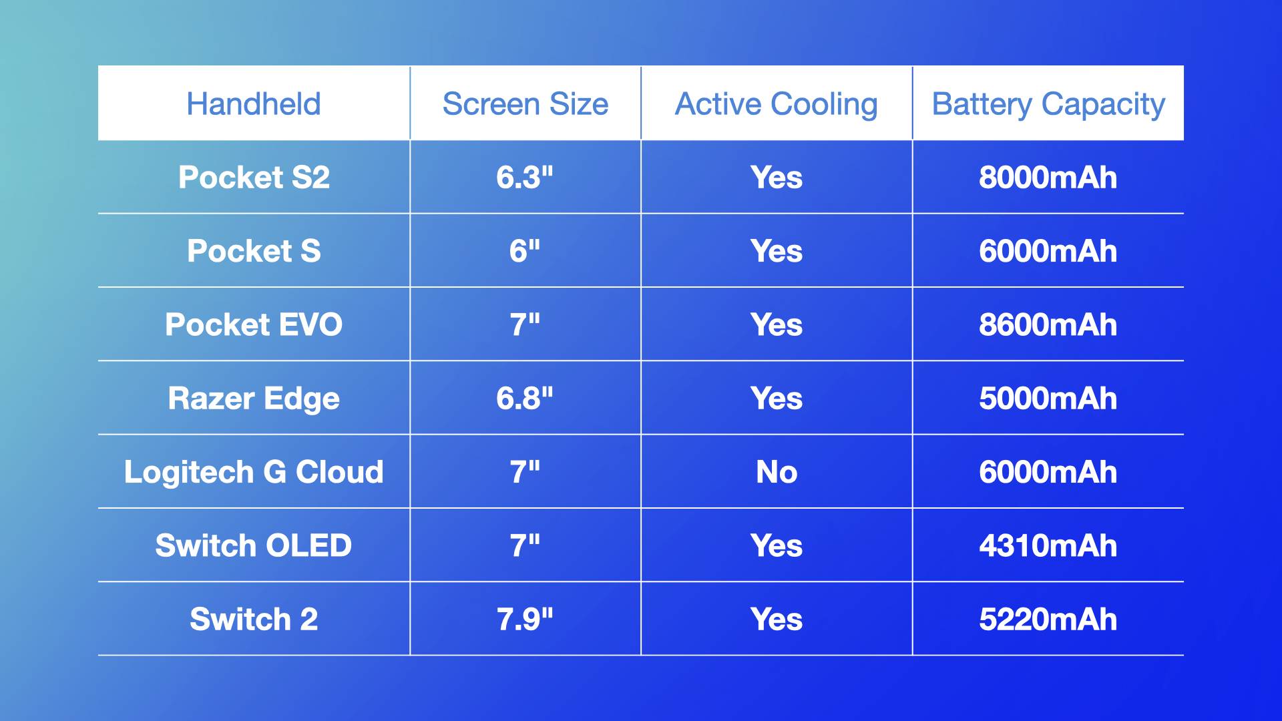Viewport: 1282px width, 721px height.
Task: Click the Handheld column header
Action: [x=254, y=104]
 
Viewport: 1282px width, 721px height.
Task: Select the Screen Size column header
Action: [x=525, y=104]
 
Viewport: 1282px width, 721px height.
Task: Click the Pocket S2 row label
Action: [x=254, y=178]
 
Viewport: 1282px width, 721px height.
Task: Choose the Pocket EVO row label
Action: [x=254, y=325]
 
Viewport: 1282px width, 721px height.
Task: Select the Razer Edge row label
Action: [x=254, y=399]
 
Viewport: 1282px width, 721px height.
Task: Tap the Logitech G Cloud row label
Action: [x=254, y=473]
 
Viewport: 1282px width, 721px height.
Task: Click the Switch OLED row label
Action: [x=254, y=546]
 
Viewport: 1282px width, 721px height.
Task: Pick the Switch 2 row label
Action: [x=254, y=620]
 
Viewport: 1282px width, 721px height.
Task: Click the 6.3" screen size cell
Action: [x=525, y=178]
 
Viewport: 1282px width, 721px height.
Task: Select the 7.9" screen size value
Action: [x=525, y=620]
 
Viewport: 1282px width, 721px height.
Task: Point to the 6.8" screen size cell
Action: [x=525, y=399]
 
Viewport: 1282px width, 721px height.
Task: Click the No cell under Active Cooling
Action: [x=777, y=473]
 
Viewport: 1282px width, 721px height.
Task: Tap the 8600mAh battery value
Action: [x=1048, y=325]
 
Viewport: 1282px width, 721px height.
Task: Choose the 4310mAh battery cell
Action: [x=1048, y=546]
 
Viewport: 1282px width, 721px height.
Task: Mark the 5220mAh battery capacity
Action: [x=1048, y=620]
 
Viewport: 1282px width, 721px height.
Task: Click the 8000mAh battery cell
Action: [x=1048, y=178]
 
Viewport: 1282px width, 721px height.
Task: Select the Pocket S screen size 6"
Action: [x=525, y=252]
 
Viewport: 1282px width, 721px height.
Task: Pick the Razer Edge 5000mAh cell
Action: [x=1048, y=399]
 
